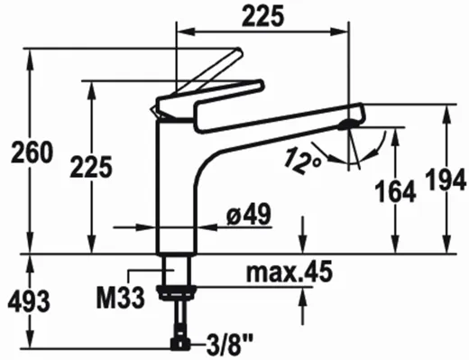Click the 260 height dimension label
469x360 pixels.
point(32,152)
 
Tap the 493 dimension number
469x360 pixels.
point(29,301)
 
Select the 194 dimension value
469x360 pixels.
point(447,180)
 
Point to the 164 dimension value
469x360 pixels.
point(397,191)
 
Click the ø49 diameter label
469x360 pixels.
point(249,214)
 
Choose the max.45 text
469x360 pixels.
point(290,272)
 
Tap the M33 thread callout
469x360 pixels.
point(121,298)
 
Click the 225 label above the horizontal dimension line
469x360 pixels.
point(263,16)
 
